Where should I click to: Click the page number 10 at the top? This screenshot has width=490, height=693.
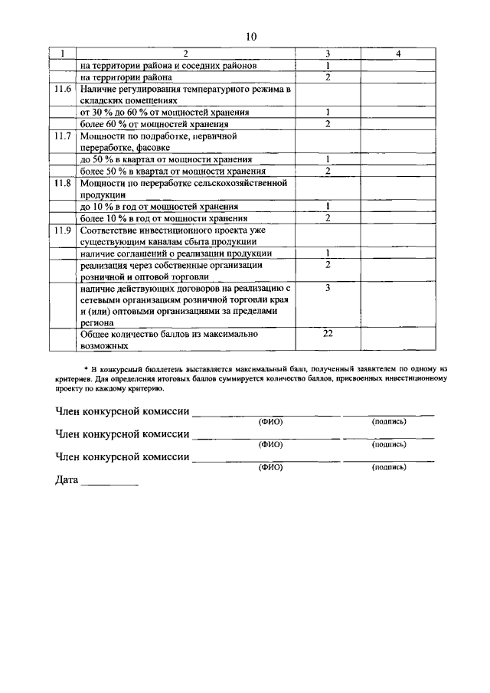click(251, 36)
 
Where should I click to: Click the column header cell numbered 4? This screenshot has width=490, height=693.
click(398, 54)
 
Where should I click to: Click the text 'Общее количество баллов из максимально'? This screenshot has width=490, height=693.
click(168, 334)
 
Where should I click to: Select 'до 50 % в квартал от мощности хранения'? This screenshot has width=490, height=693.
click(168, 159)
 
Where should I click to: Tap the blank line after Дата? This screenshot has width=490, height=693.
click(109, 484)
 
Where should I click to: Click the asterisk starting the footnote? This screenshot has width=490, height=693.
click(86, 369)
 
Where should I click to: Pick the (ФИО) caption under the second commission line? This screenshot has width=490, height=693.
click(270, 444)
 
